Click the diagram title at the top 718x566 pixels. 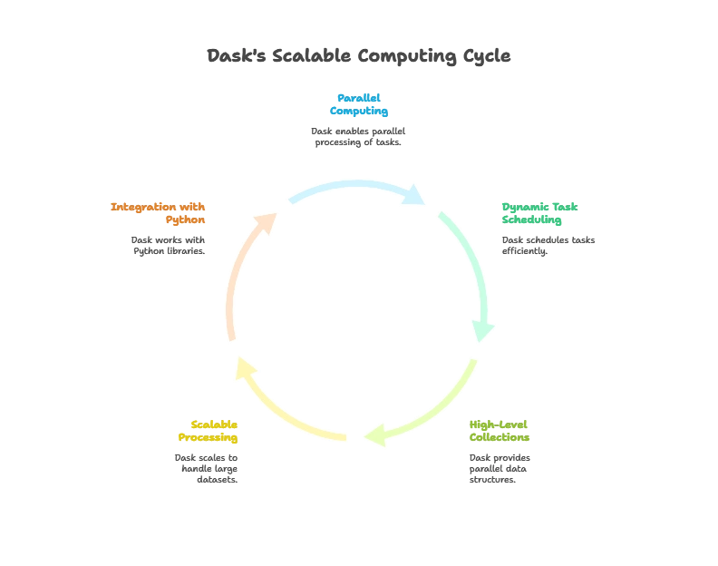[359, 56]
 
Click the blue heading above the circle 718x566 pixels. [359, 103]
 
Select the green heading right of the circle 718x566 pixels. [538, 212]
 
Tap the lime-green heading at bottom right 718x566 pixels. [498, 429]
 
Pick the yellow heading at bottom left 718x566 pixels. [208, 430]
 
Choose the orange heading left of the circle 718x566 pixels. [159, 212]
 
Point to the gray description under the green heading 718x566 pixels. [548, 245]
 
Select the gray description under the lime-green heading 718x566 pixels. [500, 466]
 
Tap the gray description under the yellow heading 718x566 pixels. [207, 466]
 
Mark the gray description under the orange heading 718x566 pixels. [170, 245]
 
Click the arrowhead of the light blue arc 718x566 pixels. [416, 194]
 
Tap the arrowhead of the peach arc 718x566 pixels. [265, 221]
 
